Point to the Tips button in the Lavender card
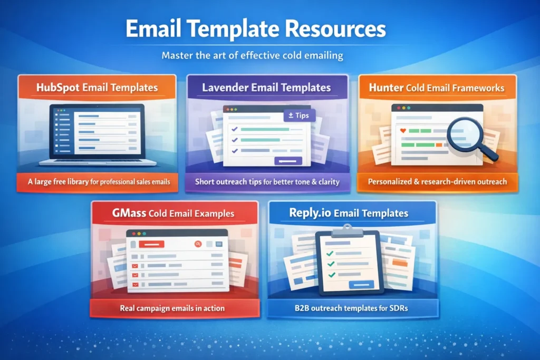tap(299, 115)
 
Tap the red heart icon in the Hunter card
tap(403, 130)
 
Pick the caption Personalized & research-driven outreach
tap(437, 181)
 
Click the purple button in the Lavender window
tap(288, 161)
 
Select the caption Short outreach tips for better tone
tap(267, 182)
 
